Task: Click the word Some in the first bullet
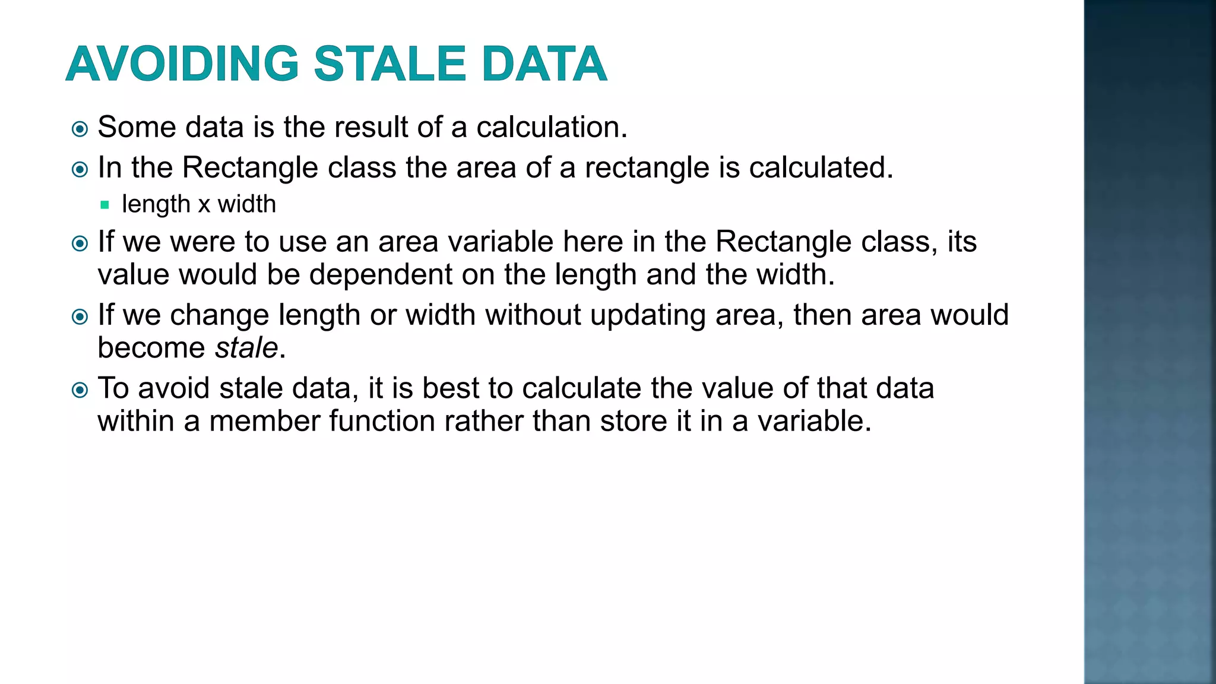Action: [137, 127]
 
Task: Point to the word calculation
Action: [552, 127]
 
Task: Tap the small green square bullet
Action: [105, 205]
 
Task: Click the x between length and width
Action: [204, 205]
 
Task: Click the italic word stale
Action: [246, 348]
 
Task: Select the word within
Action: [136, 421]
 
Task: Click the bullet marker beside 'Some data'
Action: [80, 129]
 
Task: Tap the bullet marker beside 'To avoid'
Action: [80, 390]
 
